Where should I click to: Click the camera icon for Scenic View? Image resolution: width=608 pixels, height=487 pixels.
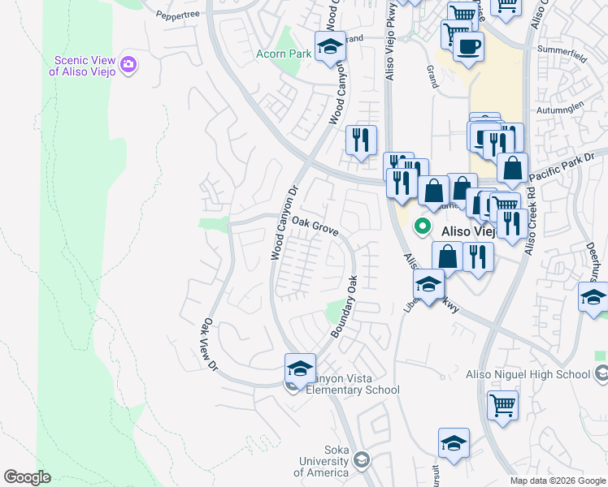tap(128, 63)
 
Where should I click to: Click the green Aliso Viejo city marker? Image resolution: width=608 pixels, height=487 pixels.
tap(423, 226)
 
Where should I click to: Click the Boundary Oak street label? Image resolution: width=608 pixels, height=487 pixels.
tap(344, 308)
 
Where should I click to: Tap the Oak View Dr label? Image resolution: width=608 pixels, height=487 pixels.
tap(210, 344)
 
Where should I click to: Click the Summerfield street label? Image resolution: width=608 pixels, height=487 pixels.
tap(562, 50)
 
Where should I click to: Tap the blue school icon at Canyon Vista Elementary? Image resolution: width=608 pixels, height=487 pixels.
tap(300, 368)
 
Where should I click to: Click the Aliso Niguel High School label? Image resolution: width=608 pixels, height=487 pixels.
tap(528, 374)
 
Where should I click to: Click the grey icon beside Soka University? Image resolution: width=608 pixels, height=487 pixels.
tap(362, 461)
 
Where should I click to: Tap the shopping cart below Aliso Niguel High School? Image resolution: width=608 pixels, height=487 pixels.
tap(502, 403)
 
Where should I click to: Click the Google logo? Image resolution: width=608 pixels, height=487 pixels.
tap(27, 477)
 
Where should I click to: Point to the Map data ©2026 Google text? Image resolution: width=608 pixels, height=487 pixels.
tap(557, 481)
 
